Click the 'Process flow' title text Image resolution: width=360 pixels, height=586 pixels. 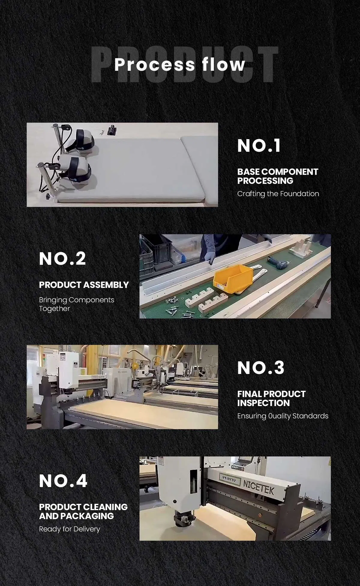tap(180, 64)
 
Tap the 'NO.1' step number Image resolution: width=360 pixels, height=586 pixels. tap(259, 146)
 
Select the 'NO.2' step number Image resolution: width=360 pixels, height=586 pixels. tap(62, 259)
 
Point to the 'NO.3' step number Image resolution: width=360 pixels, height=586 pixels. tap(261, 368)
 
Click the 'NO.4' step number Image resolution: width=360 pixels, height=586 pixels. tap(63, 481)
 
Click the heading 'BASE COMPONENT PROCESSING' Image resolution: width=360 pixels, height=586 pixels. tap(277, 176)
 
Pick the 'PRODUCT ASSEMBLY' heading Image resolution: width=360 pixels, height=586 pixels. tap(84, 285)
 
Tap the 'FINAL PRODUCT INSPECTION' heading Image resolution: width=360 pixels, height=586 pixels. tap(271, 398)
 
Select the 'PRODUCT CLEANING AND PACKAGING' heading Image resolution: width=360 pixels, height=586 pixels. tap(83, 511)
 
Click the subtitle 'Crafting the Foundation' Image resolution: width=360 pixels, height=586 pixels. tap(278, 194)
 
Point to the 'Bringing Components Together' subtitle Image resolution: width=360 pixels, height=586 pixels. tap(76, 304)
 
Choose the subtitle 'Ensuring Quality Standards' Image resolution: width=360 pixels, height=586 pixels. tap(283, 416)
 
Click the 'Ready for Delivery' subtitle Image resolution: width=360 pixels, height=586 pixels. tap(69, 529)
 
